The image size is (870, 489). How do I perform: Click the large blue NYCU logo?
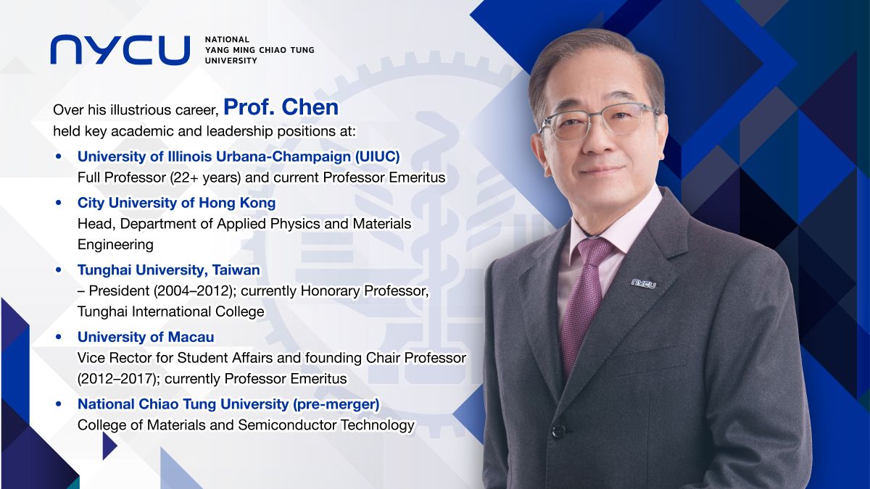(120, 49)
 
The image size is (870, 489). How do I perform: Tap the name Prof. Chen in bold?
(281, 107)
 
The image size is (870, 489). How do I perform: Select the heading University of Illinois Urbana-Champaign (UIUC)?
(239, 156)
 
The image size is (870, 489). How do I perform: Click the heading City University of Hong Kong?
(176, 203)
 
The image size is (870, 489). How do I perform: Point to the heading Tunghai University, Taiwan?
(168, 270)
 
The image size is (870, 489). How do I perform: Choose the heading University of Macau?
(146, 337)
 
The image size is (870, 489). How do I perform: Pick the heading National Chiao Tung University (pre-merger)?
(228, 404)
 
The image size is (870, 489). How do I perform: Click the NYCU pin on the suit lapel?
(643, 283)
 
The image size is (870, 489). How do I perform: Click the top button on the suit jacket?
(558, 430)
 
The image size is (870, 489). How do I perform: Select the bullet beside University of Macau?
(59, 338)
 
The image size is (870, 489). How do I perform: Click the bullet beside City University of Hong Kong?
(59, 204)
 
